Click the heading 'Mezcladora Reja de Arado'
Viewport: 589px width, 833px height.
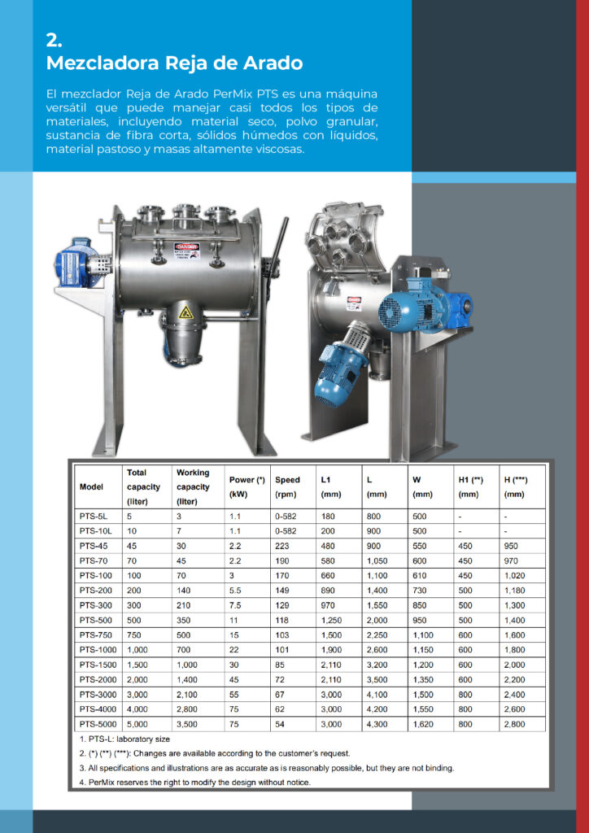pyautogui.click(x=174, y=63)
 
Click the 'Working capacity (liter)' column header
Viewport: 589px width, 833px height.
pyautogui.click(x=193, y=486)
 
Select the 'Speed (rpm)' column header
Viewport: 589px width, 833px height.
pyautogui.click(x=287, y=486)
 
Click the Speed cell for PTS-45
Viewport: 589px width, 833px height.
pyautogui.click(x=281, y=546)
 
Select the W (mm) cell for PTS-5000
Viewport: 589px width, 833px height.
pyautogui.click(x=423, y=724)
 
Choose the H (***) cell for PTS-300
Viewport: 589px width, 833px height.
pyautogui.click(x=515, y=605)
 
